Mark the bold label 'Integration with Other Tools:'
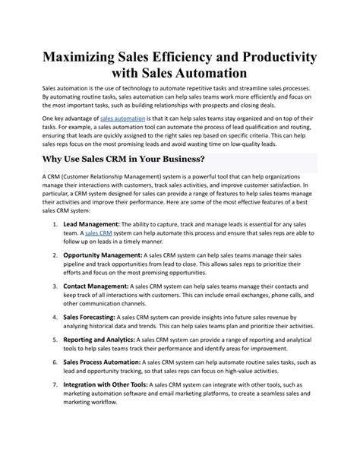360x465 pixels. [x=106, y=406]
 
